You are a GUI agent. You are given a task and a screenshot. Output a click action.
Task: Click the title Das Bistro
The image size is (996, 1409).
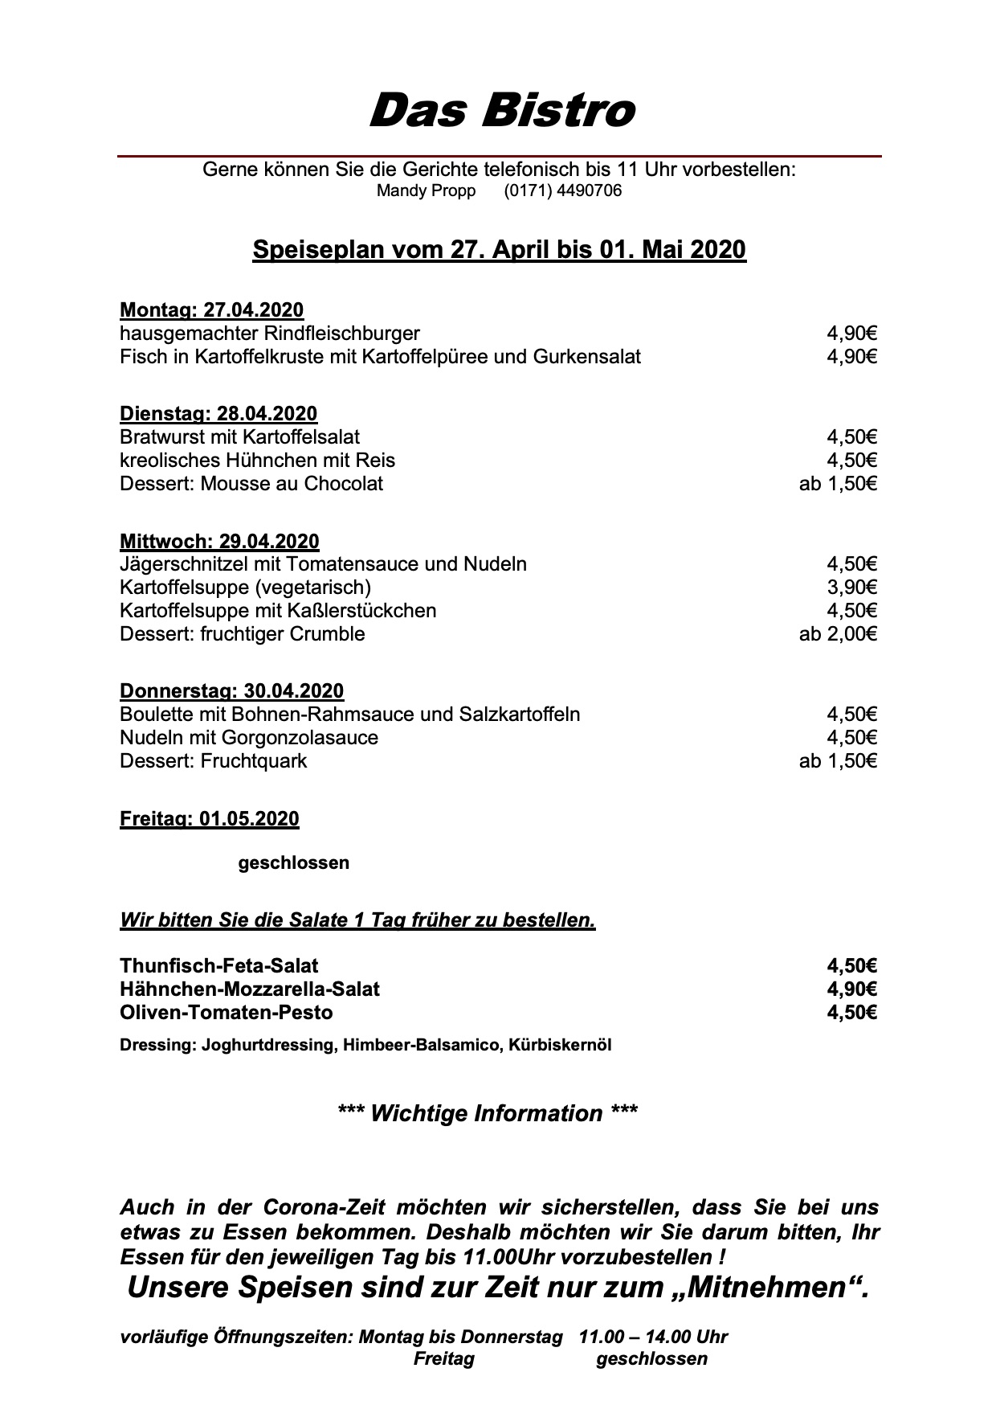[501, 110]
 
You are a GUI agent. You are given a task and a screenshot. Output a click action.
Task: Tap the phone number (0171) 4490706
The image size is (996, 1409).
[562, 191]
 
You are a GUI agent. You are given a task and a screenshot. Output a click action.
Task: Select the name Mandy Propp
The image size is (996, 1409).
[426, 191]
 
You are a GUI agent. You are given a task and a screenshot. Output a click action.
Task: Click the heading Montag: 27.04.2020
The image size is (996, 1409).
[211, 309]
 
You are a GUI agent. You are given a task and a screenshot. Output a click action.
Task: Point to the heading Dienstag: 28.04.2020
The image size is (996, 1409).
[218, 414]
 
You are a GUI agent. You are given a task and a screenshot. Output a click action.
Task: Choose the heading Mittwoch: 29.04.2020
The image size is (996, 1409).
[219, 541]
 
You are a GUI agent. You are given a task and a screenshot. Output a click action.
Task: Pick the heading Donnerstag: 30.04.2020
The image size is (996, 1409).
[231, 691]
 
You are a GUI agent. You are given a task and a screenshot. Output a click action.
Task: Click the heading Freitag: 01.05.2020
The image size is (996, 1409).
[209, 819]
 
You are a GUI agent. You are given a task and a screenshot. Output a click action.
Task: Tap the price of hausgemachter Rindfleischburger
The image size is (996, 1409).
[851, 334]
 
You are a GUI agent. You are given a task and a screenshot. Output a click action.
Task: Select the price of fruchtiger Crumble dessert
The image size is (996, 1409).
[838, 634]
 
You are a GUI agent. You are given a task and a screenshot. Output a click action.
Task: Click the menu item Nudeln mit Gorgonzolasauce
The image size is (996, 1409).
[249, 738]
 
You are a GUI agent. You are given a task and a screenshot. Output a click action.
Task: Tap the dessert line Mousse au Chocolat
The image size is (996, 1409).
[251, 484]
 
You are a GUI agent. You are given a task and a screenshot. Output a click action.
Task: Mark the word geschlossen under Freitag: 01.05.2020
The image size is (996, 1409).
[293, 863]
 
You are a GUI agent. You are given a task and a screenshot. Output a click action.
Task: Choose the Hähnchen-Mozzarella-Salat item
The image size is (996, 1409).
[250, 989]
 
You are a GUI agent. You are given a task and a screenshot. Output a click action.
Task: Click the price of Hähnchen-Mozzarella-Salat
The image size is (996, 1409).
[851, 989]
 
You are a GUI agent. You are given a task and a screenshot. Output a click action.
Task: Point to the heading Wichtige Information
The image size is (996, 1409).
[488, 1113]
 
